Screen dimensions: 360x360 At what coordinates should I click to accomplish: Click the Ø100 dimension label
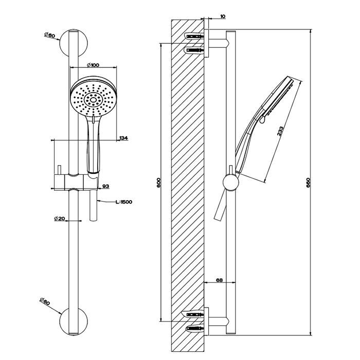[93, 65]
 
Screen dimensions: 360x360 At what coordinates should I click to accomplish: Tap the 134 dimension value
[124, 138]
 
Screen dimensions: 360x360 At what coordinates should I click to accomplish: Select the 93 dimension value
[105, 186]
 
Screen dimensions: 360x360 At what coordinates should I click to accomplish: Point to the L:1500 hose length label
[124, 202]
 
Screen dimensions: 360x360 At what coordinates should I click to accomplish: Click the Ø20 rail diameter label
[60, 219]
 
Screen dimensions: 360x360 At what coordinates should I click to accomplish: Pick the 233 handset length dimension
[280, 131]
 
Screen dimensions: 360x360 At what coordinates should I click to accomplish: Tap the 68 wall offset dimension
[219, 280]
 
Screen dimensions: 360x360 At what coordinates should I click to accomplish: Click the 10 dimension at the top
[223, 16]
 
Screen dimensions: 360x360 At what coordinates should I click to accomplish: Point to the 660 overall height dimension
[308, 183]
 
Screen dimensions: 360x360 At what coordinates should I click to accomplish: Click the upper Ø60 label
[49, 35]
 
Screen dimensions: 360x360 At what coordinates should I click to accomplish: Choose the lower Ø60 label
[45, 301]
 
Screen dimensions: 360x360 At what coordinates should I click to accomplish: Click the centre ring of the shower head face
[94, 99]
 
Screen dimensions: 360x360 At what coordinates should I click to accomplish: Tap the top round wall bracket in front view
[74, 43]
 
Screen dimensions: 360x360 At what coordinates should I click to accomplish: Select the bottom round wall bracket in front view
[74, 321]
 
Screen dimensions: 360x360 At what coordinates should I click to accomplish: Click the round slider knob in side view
[231, 183]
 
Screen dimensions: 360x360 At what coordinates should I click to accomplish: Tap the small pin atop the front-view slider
[60, 170]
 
